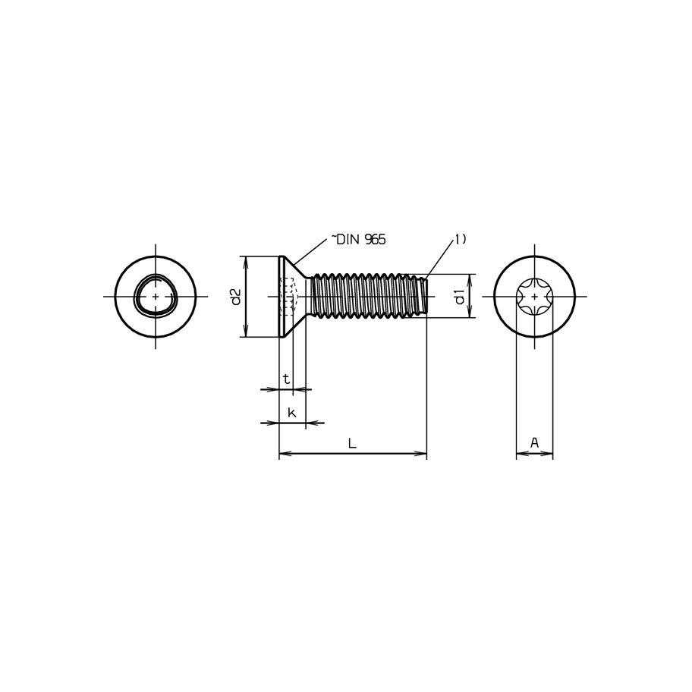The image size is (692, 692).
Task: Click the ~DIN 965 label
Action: (358, 240)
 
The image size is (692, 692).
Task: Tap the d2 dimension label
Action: (236, 297)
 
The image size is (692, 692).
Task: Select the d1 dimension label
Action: (459, 297)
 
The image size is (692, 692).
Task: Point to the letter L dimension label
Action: (352, 443)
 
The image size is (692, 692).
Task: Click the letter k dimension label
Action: (291, 413)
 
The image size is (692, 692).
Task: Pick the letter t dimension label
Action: (286, 379)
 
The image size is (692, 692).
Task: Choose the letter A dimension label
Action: (534, 442)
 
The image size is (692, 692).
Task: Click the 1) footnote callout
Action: (461, 240)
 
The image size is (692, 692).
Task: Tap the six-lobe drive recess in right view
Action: (534, 297)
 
